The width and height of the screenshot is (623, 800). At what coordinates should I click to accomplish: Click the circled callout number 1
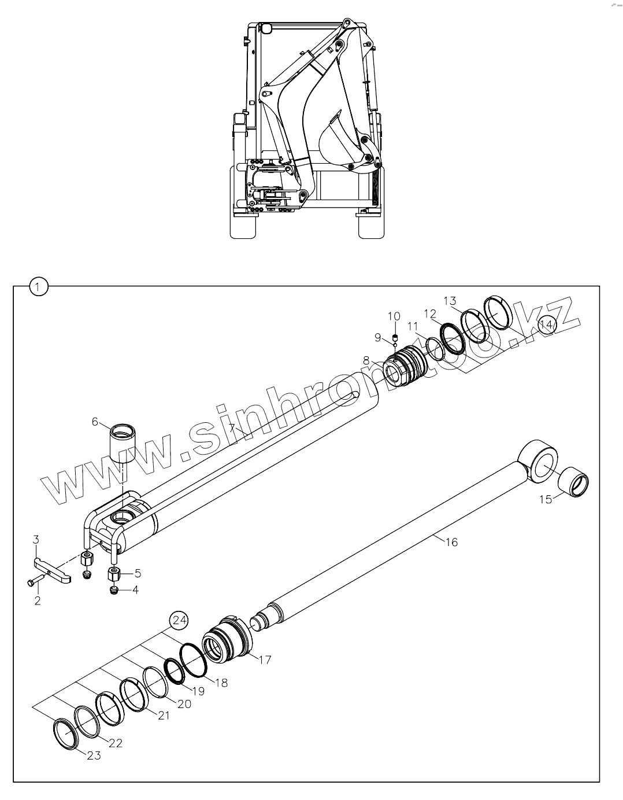pos(38,286)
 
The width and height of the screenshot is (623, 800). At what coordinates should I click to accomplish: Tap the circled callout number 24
pos(179,621)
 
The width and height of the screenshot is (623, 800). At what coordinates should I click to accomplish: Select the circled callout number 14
pos(546,325)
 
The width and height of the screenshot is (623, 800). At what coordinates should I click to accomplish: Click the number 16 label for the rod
pos(451,542)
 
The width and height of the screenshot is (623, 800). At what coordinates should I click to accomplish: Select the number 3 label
pos(36,540)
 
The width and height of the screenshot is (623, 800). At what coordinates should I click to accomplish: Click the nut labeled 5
pos(113,575)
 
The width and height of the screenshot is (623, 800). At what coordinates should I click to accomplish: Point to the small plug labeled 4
pos(114,590)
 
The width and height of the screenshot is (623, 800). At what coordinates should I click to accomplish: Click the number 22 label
pos(116,743)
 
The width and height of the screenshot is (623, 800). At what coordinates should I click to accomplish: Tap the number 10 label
pos(394,316)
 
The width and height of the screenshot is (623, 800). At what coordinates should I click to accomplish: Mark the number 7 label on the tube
pos(232,429)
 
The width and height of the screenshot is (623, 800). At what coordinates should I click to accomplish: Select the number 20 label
pos(184,704)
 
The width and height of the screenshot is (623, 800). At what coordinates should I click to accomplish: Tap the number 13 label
pos(450,300)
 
